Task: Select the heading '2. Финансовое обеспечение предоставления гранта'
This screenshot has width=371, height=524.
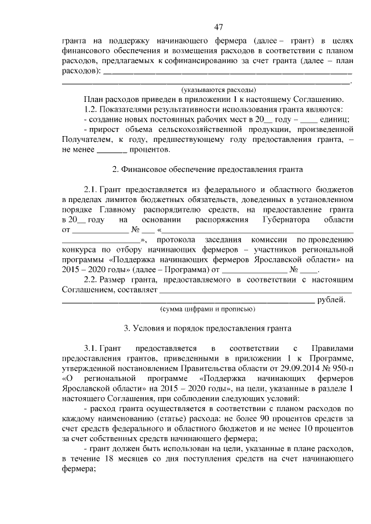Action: coord(206,170)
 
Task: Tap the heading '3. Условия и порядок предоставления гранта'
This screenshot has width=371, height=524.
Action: coord(207,328)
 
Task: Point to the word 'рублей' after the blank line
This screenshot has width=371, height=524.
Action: coord(332,299)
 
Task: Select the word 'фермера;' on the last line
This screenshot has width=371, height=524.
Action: coord(78,470)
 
